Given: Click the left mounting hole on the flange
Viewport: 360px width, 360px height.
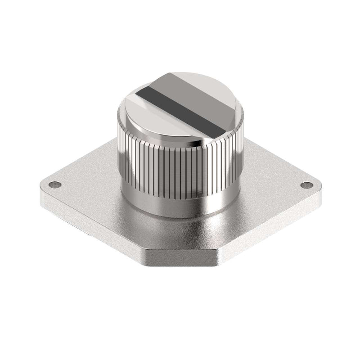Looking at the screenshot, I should (55, 184).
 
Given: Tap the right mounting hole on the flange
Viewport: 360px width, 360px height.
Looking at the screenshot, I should (307, 184).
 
